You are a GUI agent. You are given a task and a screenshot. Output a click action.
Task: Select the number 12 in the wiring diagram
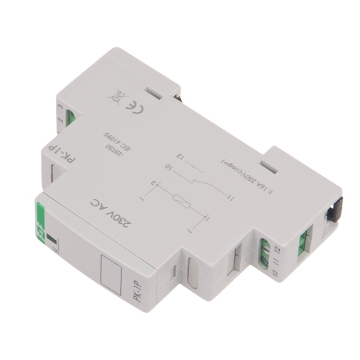(183, 144)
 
